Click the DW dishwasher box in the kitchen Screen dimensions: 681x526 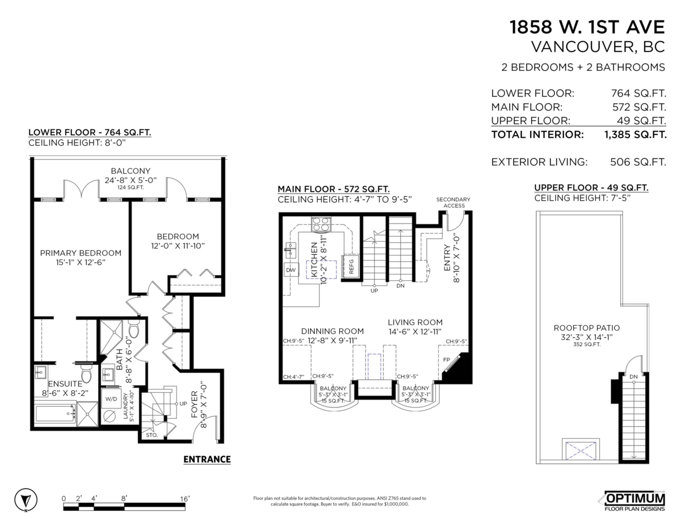[291, 270]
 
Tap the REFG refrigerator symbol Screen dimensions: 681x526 [350, 266]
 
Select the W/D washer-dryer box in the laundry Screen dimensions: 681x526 [111, 398]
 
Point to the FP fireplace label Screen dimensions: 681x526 [447, 360]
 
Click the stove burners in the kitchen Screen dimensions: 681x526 [321, 224]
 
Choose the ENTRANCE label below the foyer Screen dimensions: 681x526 [207, 459]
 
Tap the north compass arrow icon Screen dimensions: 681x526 [26, 499]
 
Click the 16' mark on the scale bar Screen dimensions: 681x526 [185, 498]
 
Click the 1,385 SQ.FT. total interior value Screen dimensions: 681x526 [635, 134]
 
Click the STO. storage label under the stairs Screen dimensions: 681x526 [152, 435]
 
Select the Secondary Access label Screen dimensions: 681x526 [453, 203]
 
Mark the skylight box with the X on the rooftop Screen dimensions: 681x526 [581, 451]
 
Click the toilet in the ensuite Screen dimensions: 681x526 [86, 373]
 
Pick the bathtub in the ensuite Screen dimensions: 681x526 [56, 414]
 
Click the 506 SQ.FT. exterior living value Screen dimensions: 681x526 [638, 162]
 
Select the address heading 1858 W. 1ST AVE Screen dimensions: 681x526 [587, 27]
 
